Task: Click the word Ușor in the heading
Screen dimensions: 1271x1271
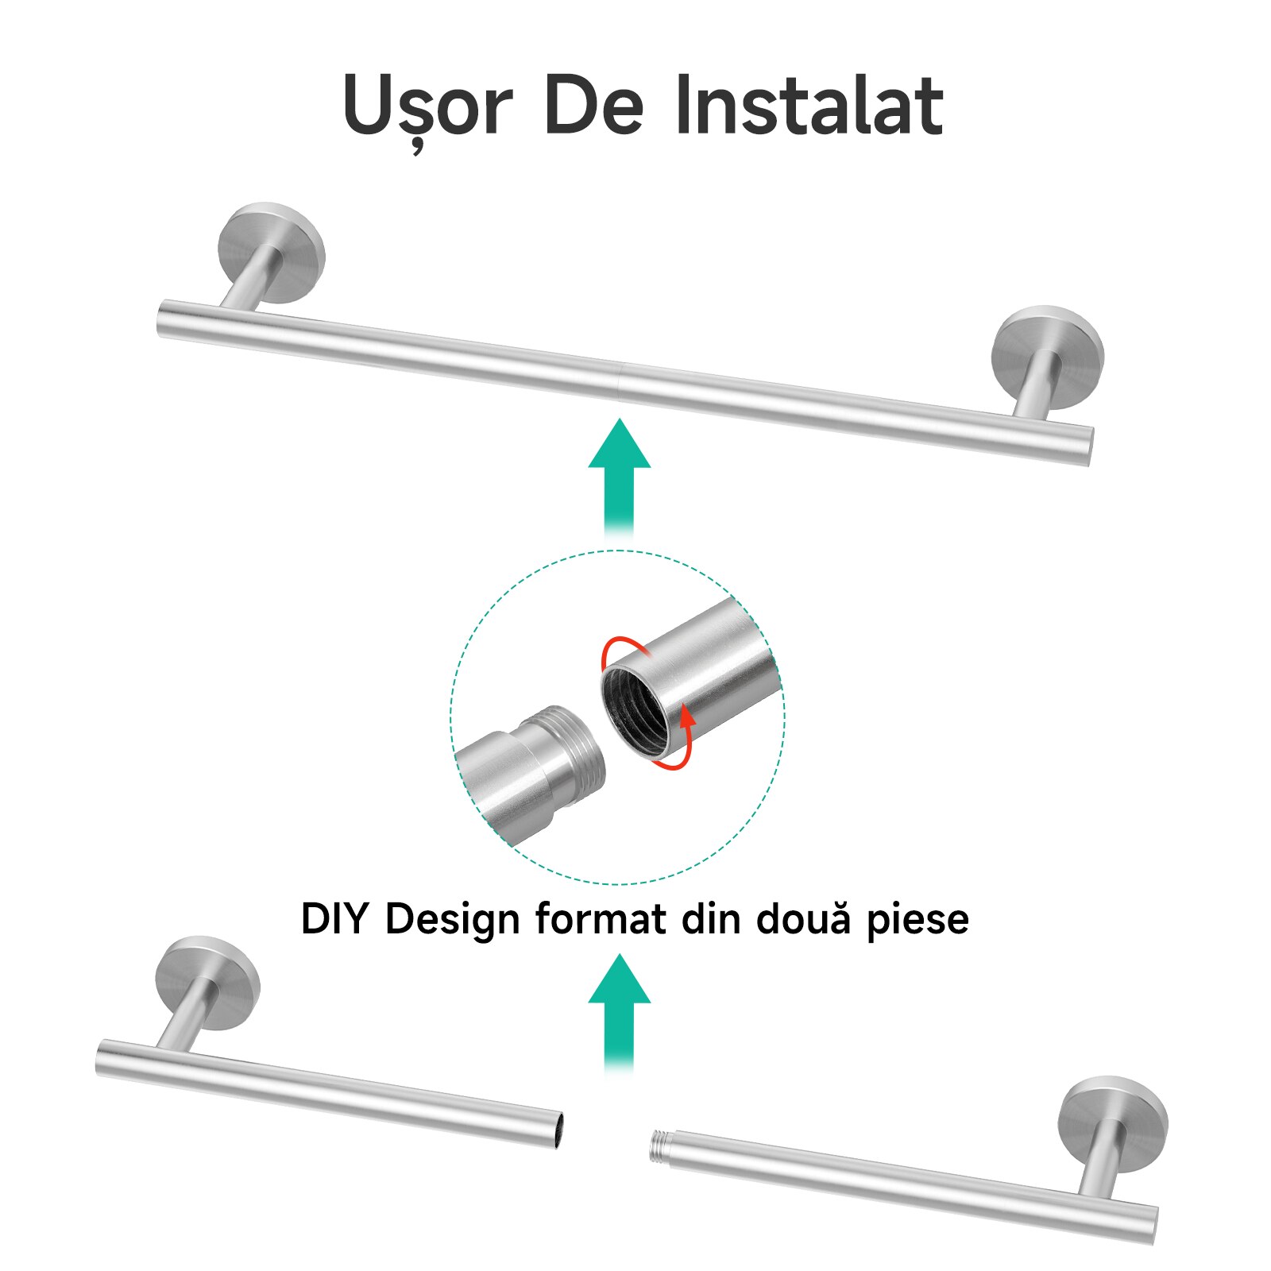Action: [x=427, y=106]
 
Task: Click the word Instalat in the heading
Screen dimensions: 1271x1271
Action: [x=809, y=105]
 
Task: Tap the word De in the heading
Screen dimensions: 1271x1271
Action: [x=593, y=105]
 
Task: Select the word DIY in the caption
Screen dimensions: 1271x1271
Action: [x=334, y=918]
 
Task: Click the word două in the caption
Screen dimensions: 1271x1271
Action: [x=802, y=918]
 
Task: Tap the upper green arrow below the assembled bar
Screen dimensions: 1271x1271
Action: [x=620, y=477]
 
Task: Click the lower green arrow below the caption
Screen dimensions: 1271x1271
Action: [x=620, y=1013]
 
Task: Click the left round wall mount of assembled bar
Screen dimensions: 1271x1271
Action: [x=272, y=252]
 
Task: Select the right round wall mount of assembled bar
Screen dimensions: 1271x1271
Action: [x=1048, y=357]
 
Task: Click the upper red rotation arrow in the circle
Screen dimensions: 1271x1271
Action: [x=624, y=650]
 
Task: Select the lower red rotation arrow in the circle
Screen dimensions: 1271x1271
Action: [x=677, y=743]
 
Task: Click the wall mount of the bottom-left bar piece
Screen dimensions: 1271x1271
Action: [x=207, y=983]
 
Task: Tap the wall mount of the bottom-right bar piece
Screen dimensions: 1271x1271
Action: [x=1113, y=1124]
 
